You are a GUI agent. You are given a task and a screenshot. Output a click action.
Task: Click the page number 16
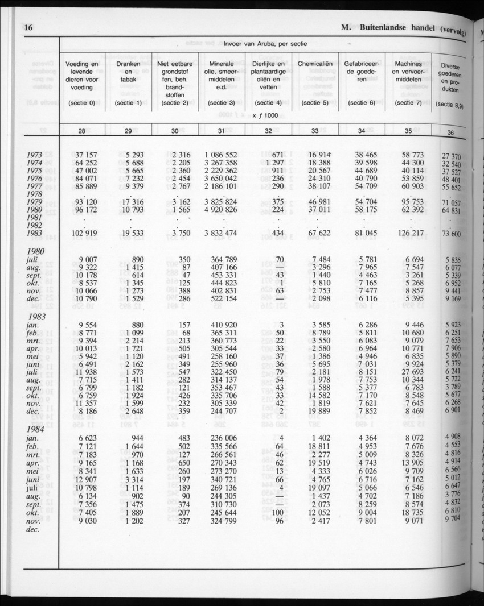click(30, 26)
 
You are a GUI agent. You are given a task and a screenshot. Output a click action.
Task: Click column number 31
click(222, 131)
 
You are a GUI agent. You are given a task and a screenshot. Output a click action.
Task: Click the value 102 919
click(83, 233)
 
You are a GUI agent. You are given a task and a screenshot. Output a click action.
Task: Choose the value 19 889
click(319, 411)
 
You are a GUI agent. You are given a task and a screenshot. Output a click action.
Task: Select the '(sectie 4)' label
click(268, 103)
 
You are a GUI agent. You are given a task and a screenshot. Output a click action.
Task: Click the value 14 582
click(319, 395)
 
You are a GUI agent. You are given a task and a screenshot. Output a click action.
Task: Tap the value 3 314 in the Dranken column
click(132, 480)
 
